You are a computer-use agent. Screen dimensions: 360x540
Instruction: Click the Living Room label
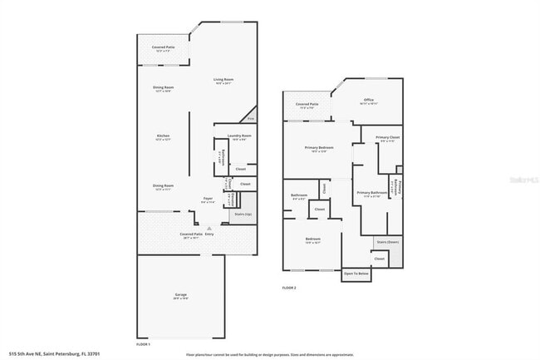tap(223, 80)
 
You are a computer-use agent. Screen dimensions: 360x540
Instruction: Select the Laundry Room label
tap(241, 135)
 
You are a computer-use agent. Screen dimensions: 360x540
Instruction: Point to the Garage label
tap(180, 295)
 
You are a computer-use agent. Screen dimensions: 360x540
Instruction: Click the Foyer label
tap(209, 198)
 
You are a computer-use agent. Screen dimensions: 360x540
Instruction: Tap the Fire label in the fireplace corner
tap(252, 120)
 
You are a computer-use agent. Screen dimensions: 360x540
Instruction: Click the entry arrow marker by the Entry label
tap(209, 227)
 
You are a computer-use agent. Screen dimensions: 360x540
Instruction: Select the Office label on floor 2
tap(368, 100)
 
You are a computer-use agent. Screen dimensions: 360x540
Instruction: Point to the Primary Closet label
tap(388, 137)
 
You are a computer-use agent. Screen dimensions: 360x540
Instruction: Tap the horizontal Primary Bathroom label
tap(373, 193)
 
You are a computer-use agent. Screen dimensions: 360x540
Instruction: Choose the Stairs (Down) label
tap(387, 242)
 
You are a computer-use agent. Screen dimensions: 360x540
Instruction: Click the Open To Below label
tap(356, 274)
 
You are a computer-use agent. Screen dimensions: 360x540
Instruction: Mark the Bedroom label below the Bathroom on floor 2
tap(312, 239)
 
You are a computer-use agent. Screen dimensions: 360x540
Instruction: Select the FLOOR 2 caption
tap(289, 288)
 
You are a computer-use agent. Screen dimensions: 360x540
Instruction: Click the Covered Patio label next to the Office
tap(307, 105)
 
